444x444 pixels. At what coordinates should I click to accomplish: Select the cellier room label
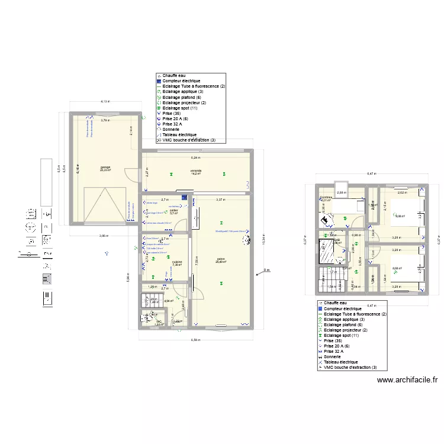coord(173,211)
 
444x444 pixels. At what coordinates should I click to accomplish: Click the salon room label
coord(221,260)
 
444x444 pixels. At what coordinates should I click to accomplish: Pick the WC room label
coord(159,322)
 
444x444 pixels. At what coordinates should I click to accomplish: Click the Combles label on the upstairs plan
coord(326,198)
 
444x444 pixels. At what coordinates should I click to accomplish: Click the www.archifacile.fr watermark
coord(407,381)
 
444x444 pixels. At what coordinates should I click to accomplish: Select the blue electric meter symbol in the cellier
coord(185,197)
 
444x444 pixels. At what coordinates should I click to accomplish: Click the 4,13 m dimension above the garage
coord(105,102)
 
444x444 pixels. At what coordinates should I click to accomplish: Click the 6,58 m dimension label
coord(195,340)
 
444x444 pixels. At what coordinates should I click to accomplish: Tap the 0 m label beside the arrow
coord(266,271)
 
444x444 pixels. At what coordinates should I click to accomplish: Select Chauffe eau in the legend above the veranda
coord(172,76)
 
